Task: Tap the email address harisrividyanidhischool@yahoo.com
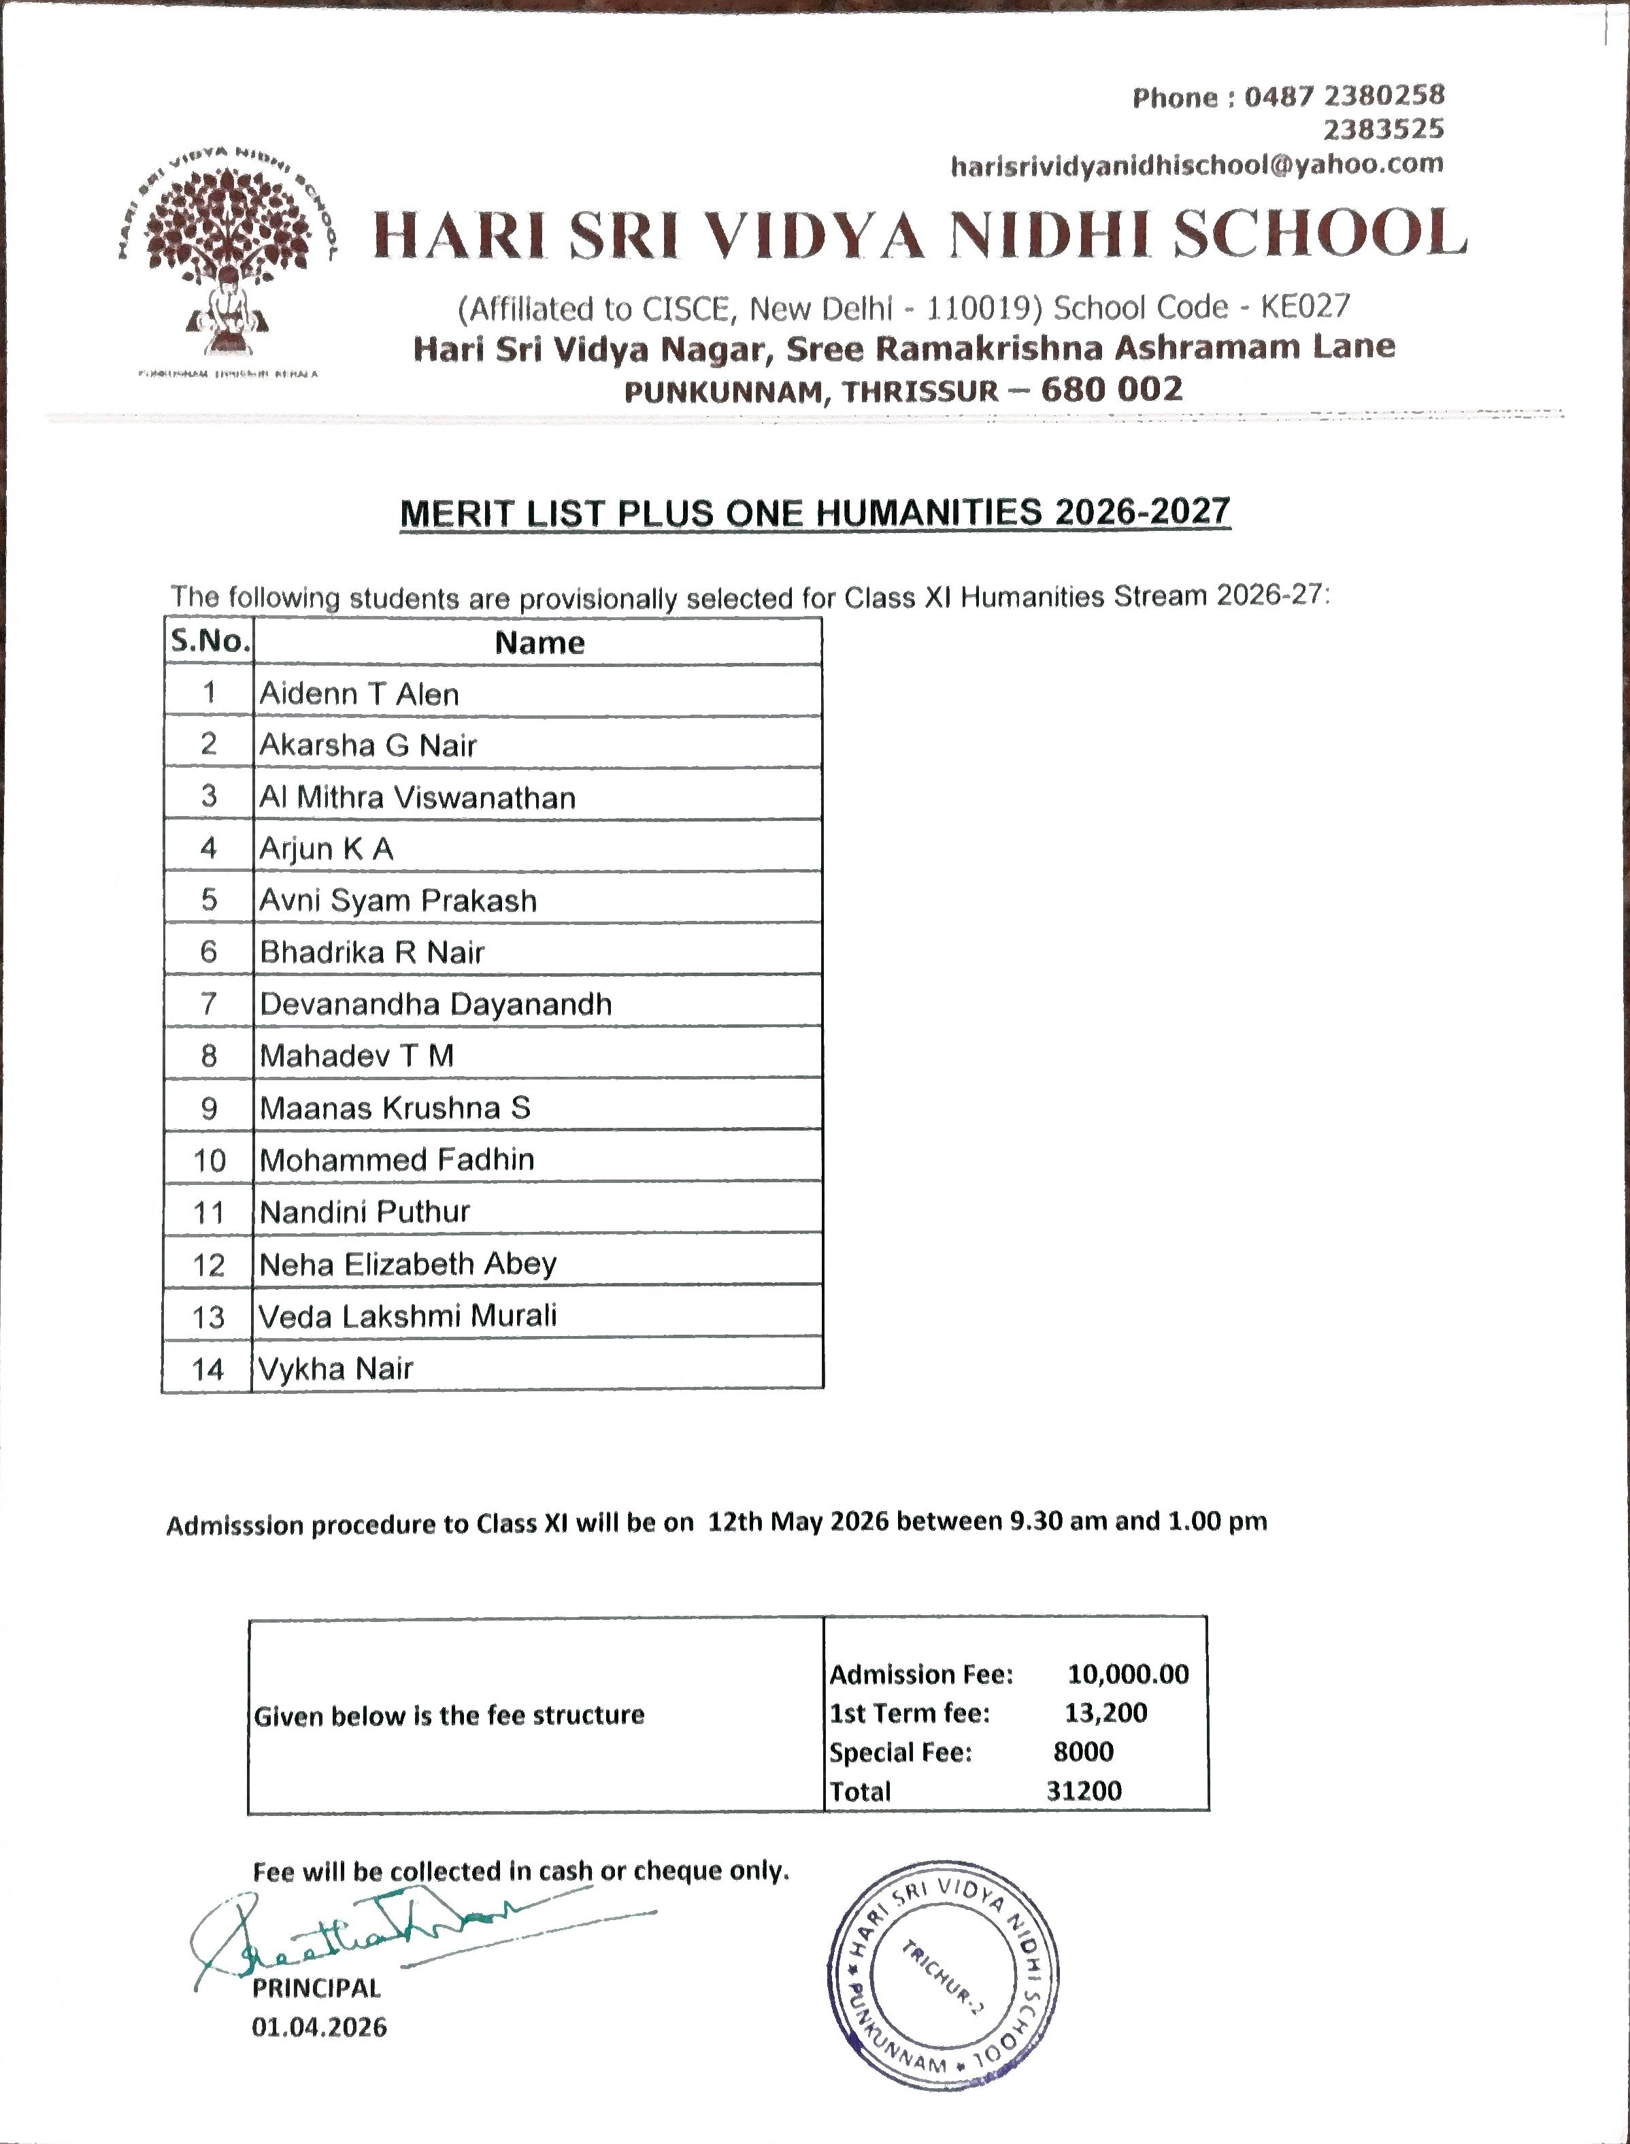(x=1196, y=165)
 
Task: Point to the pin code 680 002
(x=1112, y=389)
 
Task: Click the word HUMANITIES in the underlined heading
(x=929, y=513)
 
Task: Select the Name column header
(x=539, y=643)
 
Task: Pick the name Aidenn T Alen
(x=360, y=694)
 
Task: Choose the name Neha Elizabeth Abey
(x=408, y=1264)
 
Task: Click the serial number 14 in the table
(x=207, y=1369)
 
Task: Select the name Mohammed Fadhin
(x=397, y=1160)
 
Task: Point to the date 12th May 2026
(x=797, y=1521)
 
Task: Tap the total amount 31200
(x=1084, y=1791)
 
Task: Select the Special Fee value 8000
(x=1084, y=1752)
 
